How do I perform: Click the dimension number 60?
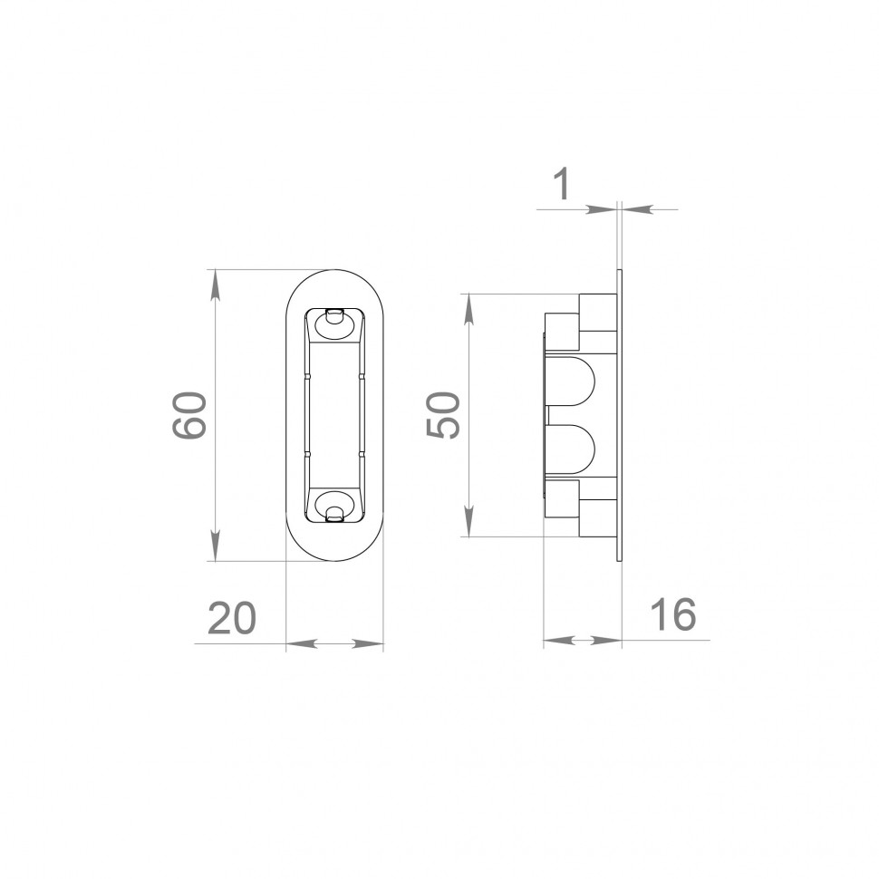click(x=190, y=415)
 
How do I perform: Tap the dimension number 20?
click(x=231, y=619)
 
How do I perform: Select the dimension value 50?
click(x=443, y=415)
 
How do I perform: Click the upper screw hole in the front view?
click(x=334, y=324)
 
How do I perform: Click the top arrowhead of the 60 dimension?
click(x=214, y=285)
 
